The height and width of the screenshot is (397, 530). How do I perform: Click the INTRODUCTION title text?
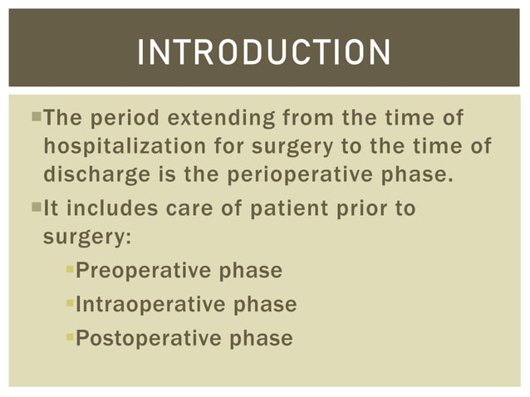point(263,52)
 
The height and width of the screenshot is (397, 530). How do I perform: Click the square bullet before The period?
point(35,116)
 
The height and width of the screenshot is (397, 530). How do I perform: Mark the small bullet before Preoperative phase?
point(70,270)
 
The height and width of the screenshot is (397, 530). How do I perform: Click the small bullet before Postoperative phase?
point(70,337)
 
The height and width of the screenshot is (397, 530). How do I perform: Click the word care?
point(190,208)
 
